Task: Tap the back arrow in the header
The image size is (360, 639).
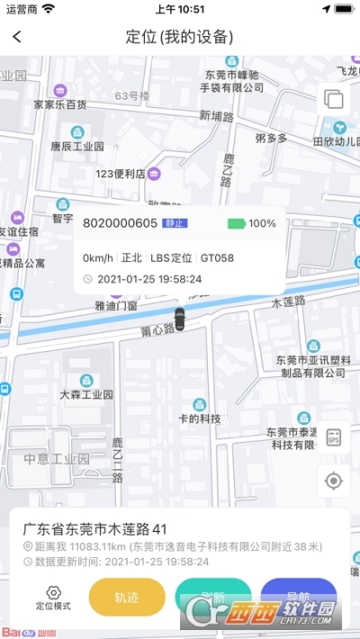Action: point(17,37)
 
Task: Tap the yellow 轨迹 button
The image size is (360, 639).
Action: point(127,597)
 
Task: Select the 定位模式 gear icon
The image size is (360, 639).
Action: point(53,592)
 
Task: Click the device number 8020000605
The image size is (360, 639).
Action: point(120,223)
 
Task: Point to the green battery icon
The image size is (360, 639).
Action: point(236,223)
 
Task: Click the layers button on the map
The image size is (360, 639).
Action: point(333,99)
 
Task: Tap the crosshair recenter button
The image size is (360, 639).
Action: point(334,481)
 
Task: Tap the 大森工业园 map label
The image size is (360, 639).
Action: point(86,394)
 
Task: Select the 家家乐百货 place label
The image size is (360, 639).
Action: point(59,103)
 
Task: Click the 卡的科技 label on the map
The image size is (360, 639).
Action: point(199,418)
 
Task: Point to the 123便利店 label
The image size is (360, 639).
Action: point(121,173)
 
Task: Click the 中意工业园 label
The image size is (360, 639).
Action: point(57,458)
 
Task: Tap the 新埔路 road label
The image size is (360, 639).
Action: point(216,116)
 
